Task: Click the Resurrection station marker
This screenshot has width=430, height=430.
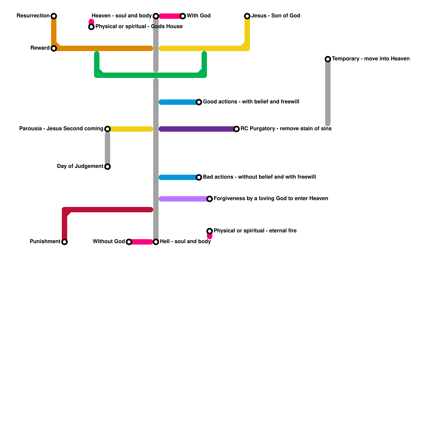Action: coord(54,16)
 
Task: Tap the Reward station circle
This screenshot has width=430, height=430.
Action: coord(54,48)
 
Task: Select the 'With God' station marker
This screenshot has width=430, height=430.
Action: coord(183,16)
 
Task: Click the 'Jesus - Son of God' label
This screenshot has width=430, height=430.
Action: coord(276,16)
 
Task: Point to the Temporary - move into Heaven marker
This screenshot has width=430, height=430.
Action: coord(328,59)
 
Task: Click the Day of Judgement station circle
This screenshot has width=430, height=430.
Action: coord(107,167)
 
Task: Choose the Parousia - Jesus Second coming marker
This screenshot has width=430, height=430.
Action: coord(107,129)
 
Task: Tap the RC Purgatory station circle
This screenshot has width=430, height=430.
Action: coord(236,129)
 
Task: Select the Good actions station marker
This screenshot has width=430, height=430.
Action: coord(199,102)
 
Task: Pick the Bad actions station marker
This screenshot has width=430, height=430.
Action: coord(199,177)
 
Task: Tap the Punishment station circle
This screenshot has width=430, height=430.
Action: coord(64,242)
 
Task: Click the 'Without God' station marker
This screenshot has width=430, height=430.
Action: coord(129,242)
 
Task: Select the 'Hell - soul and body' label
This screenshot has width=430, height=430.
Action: coord(185,242)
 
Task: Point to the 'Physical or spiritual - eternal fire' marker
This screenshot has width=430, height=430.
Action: coord(210,231)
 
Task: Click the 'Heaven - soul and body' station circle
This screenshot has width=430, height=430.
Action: coord(156,16)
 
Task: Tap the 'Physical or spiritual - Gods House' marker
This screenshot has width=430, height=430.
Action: coord(91,27)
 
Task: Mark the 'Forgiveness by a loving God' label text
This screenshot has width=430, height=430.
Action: coord(271,199)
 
